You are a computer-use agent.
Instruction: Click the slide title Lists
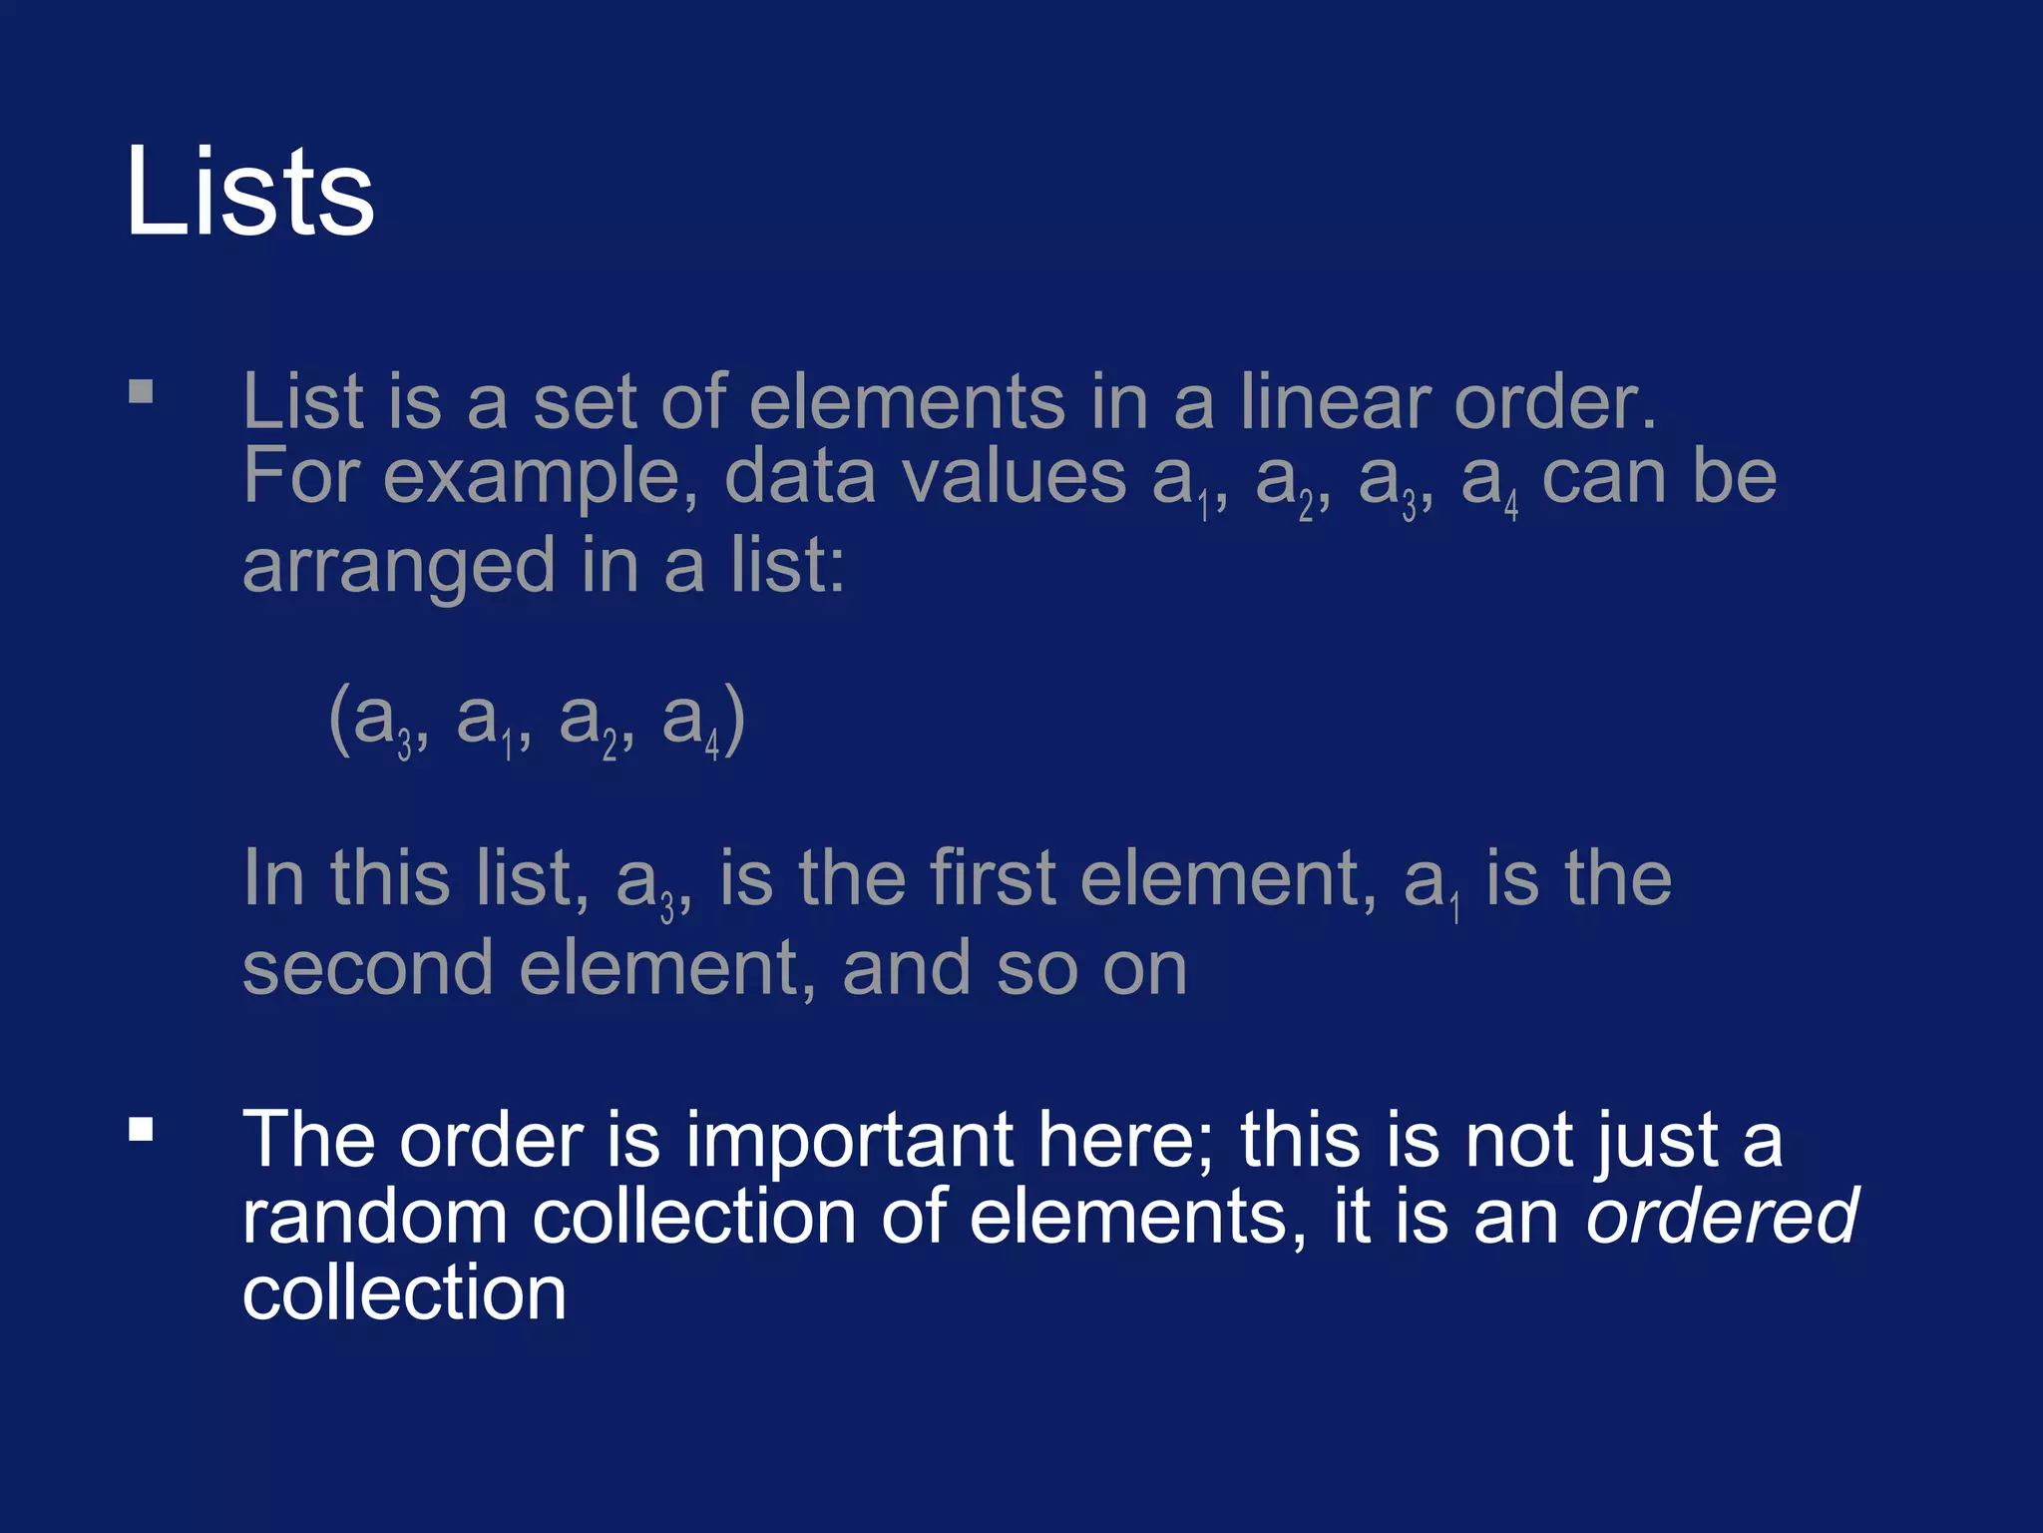[x=249, y=192]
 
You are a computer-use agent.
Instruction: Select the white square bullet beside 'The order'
[x=141, y=1130]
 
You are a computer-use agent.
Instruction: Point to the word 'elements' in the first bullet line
[x=907, y=402]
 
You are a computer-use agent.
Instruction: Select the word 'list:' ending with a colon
[x=787, y=565]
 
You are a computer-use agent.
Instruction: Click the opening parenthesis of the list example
[x=339, y=719]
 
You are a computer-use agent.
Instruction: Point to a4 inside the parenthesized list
[x=690, y=721]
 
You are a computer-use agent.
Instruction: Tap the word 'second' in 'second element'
[x=367, y=968]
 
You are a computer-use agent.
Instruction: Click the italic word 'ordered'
[x=1722, y=1217]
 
